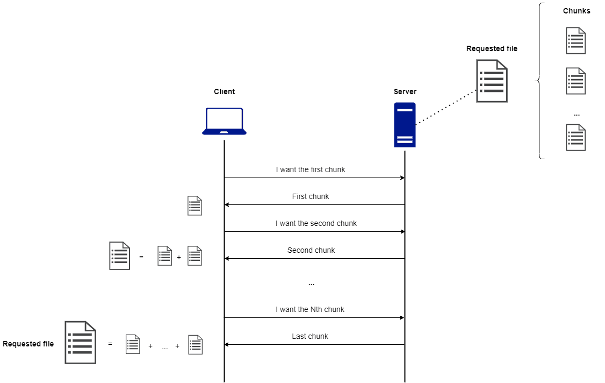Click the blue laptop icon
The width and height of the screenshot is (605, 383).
(x=224, y=121)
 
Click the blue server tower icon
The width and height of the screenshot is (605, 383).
(x=405, y=125)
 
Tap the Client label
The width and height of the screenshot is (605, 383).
(x=224, y=91)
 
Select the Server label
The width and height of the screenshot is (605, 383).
(x=405, y=91)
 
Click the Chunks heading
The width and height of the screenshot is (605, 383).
(x=577, y=11)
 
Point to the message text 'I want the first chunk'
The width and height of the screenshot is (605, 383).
(x=311, y=169)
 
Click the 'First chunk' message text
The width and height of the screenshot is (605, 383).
(x=311, y=196)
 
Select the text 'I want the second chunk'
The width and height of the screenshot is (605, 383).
(x=316, y=223)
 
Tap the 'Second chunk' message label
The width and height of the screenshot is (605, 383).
(x=311, y=250)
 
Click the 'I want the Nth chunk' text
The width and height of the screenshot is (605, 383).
(x=310, y=309)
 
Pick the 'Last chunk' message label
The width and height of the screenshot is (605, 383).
(x=310, y=336)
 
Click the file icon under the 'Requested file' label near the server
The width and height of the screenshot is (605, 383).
(x=492, y=81)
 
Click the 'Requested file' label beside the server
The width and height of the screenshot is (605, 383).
(x=492, y=48)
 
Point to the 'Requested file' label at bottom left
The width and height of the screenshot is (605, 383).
(x=28, y=344)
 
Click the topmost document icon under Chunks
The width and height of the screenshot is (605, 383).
(x=575, y=41)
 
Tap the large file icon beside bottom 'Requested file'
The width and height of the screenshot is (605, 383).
(x=80, y=342)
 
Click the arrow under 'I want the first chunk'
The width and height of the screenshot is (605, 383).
(x=314, y=178)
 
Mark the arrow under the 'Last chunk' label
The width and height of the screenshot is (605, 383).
(x=314, y=344)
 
